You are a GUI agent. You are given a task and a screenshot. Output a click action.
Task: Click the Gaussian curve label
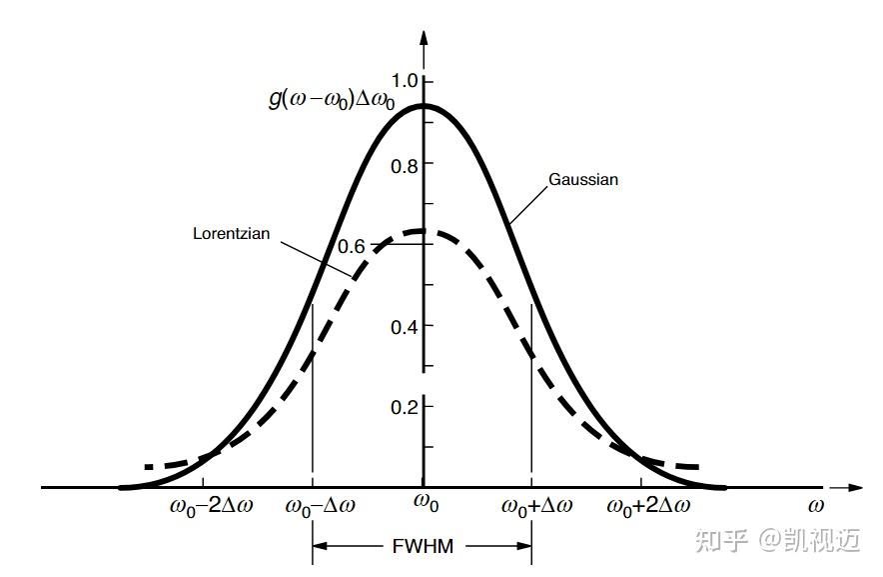(583, 180)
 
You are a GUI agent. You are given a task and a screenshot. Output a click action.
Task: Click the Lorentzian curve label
(232, 234)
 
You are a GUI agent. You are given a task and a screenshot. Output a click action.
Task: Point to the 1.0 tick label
(405, 81)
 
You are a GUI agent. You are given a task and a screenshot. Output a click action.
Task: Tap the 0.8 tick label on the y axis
(405, 166)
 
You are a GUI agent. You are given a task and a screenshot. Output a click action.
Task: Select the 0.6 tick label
(352, 246)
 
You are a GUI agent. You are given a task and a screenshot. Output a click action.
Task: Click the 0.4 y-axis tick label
(405, 327)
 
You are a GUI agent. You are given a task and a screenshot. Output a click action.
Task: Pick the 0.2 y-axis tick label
(405, 407)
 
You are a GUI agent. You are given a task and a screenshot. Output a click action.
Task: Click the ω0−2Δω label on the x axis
(211, 506)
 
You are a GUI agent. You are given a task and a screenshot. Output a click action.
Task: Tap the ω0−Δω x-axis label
(321, 506)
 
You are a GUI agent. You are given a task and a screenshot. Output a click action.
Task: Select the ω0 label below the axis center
(426, 502)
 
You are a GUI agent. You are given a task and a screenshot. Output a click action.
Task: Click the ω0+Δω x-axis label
(536, 506)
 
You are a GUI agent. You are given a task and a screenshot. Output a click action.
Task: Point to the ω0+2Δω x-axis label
(648, 506)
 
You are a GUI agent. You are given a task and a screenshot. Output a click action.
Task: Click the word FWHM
(423, 546)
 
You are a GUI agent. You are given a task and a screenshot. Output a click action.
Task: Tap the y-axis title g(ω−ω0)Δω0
(332, 100)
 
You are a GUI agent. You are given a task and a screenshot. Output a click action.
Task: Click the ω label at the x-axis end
(815, 505)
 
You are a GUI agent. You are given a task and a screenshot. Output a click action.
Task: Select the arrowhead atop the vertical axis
(425, 37)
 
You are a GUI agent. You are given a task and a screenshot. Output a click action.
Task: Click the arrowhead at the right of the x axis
(855, 487)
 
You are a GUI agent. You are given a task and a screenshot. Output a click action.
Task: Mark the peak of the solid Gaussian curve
(425, 105)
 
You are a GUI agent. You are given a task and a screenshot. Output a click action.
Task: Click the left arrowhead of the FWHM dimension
(320, 545)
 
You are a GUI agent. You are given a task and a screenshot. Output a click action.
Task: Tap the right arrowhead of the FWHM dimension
(523, 545)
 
